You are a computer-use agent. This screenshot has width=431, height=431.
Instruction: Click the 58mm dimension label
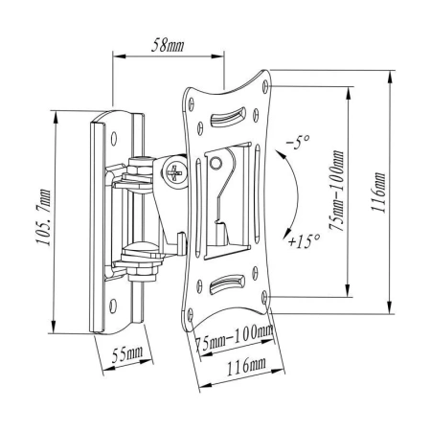pyautogui.click(x=169, y=45)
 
